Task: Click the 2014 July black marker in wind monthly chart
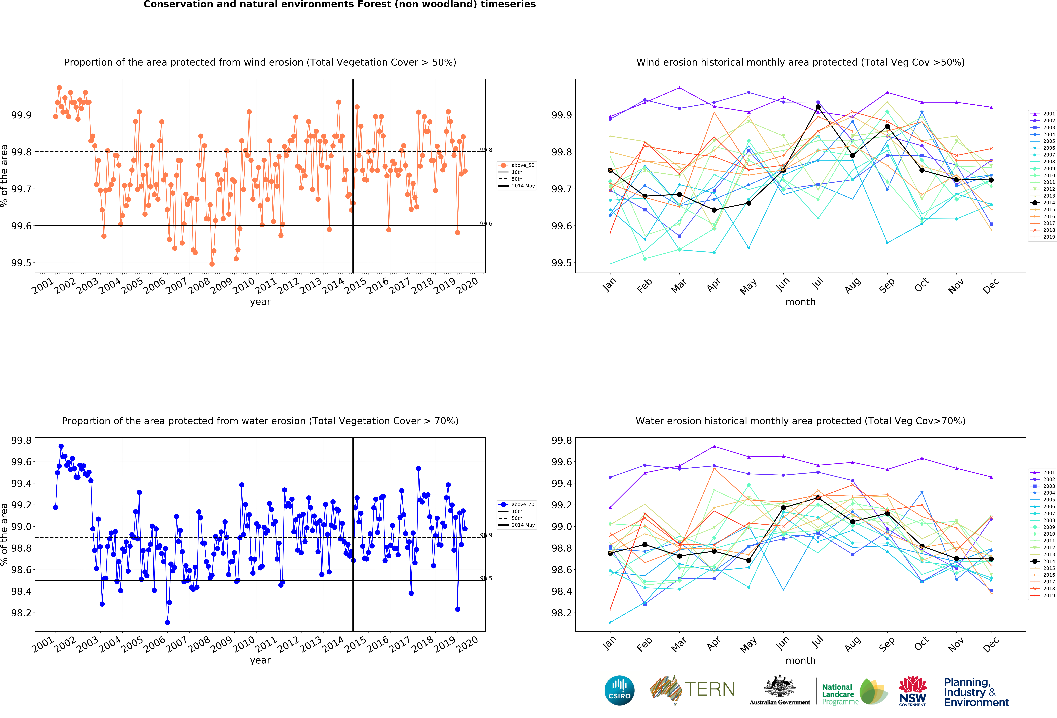point(818,107)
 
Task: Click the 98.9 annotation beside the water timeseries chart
point(486,535)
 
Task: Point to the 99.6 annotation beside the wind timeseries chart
point(486,224)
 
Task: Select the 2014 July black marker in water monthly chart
point(818,497)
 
